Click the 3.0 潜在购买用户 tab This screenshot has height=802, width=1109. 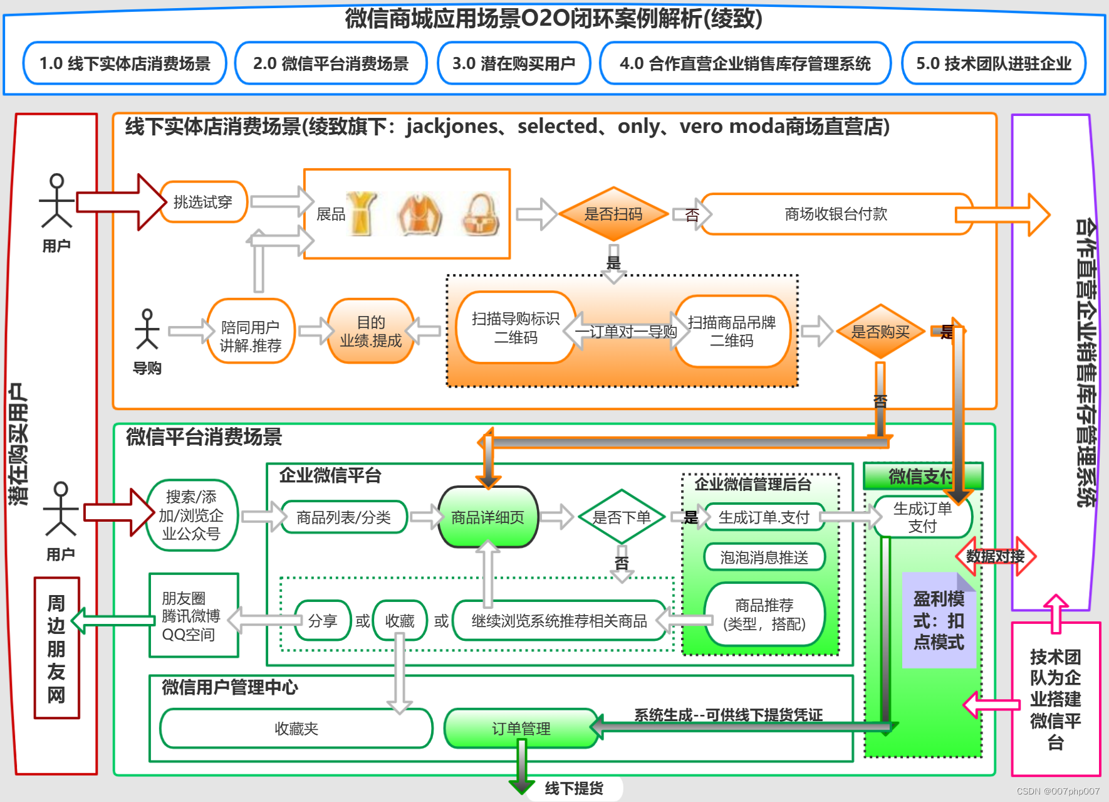[x=514, y=63]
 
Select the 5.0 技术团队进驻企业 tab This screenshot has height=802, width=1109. [x=993, y=63]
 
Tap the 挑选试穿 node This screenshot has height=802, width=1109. [x=203, y=202]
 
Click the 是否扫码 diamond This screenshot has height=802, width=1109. [x=613, y=214]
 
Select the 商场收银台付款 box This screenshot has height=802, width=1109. [x=836, y=214]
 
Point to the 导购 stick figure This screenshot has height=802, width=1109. [x=147, y=330]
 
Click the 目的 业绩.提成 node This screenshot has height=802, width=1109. [x=370, y=331]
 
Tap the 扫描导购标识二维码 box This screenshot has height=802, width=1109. [x=515, y=328]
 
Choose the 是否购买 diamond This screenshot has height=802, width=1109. [x=880, y=332]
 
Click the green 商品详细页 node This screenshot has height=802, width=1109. [x=487, y=517]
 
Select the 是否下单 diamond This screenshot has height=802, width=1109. [x=621, y=517]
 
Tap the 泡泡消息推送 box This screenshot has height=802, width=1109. [x=764, y=557]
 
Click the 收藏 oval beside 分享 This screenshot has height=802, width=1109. [x=400, y=621]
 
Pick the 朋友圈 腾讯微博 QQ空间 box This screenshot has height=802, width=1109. [x=194, y=616]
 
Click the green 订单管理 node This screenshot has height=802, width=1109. [x=521, y=729]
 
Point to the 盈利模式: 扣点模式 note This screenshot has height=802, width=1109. [x=938, y=621]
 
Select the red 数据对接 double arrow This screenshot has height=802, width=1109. [x=995, y=556]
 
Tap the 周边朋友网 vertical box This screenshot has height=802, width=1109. [x=56, y=648]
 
